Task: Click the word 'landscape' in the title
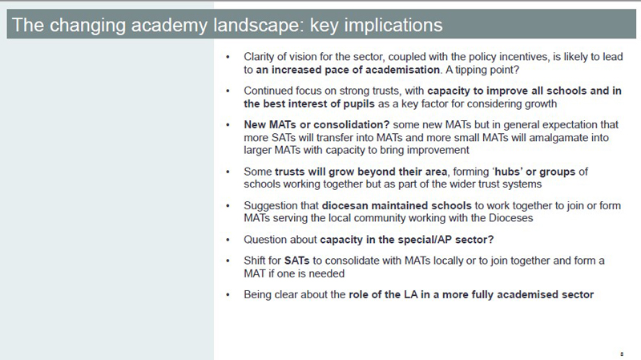259,26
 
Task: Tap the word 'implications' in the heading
393,26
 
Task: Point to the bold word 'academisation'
402,70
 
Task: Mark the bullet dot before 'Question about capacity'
228,240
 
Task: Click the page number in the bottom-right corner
622,354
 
